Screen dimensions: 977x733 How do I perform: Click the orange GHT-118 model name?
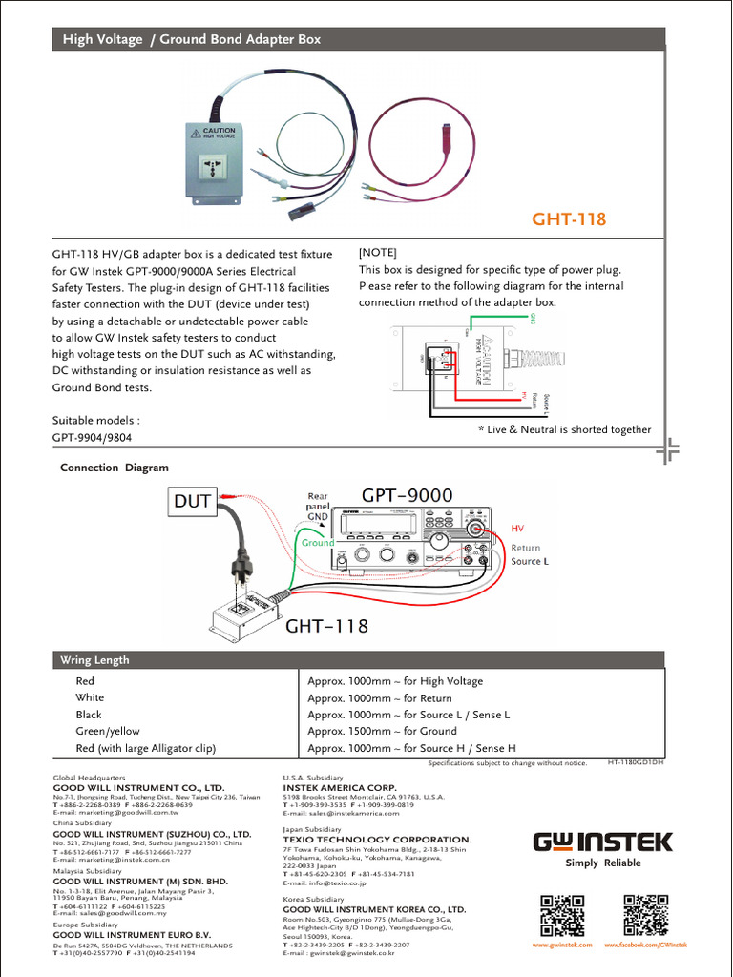coord(569,219)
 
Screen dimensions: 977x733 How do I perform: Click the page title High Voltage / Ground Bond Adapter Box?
coord(192,39)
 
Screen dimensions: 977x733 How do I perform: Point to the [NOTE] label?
coord(377,253)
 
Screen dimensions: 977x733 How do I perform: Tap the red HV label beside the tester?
coord(518,528)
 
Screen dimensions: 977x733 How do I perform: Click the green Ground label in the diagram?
coord(319,543)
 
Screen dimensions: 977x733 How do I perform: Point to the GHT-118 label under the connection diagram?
coord(327,626)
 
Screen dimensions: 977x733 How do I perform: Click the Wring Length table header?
coord(94,660)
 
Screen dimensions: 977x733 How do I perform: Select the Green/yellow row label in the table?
coord(108,731)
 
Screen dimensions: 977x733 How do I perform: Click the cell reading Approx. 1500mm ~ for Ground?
coord(382,731)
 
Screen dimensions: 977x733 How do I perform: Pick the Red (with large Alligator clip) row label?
coord(146,748)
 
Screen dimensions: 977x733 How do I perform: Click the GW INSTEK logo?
coord(602,842)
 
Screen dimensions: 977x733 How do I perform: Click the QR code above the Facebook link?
coord(645,915)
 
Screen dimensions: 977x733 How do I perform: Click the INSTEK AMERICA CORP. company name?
coord(340,788)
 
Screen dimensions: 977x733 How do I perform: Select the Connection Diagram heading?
coord(115,468)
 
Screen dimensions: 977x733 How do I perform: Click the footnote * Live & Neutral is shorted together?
coord(564,430)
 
